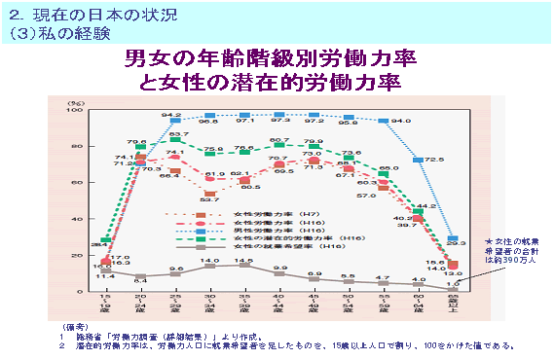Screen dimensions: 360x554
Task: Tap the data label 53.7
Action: (x=207, y=199)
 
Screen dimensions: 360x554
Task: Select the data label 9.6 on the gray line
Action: (x=176, y=268)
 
